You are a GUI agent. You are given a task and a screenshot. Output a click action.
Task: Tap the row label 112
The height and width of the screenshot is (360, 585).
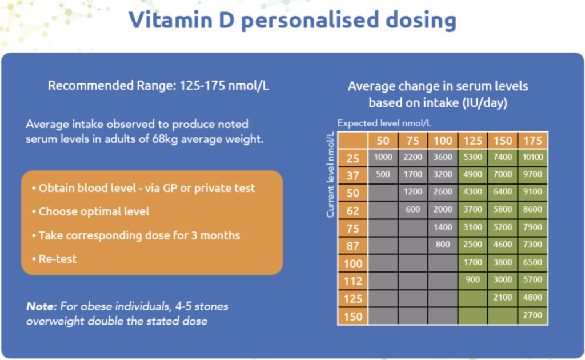352,280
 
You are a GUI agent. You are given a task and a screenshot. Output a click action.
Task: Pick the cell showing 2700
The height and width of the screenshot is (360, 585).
532,315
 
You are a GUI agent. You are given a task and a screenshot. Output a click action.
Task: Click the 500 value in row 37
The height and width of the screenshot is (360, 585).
383,175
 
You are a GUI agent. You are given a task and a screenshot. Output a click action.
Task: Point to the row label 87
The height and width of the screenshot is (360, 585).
352,245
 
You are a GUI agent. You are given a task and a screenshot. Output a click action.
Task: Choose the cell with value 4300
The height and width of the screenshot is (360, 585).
472,193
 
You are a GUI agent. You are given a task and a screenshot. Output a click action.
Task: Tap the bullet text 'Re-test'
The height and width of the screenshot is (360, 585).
57,259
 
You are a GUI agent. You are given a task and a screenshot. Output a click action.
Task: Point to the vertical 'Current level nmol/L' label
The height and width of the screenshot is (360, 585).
330,174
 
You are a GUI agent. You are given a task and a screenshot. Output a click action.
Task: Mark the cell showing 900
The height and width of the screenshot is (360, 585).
472,280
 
